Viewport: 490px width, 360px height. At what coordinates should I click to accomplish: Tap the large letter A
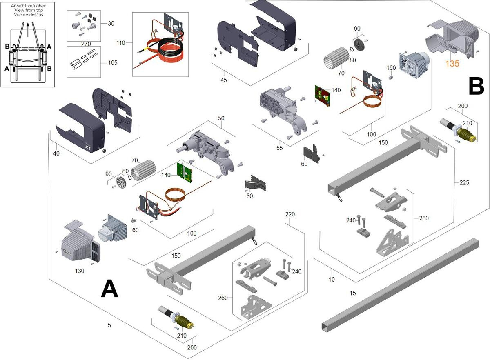[x=109, y=289]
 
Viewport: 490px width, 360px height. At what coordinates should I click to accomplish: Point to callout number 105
[x=113, y=63]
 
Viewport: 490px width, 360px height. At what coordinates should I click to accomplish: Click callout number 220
[x=290, y=214]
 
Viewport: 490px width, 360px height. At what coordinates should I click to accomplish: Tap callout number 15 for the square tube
[x=353, y=293]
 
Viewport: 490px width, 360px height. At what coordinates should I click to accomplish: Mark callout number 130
[x=80, y=271]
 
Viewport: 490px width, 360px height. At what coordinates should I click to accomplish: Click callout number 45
[x=223, y=80]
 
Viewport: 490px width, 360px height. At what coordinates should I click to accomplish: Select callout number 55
[x=280, y=148]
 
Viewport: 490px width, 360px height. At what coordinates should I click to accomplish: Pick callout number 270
[x=86, y=44]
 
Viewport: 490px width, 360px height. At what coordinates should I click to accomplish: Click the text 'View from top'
[x=28, y=10]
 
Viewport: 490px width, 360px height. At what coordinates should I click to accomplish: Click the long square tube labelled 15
[x=400, y=282]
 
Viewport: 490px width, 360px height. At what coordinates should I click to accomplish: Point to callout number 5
[x=109, y=325]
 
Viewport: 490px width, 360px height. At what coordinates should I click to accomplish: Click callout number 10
[x=332, y=280]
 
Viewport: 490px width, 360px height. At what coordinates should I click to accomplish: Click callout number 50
[x=221, y=118]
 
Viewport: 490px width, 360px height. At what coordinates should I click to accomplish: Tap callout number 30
[x=111, y=24]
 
